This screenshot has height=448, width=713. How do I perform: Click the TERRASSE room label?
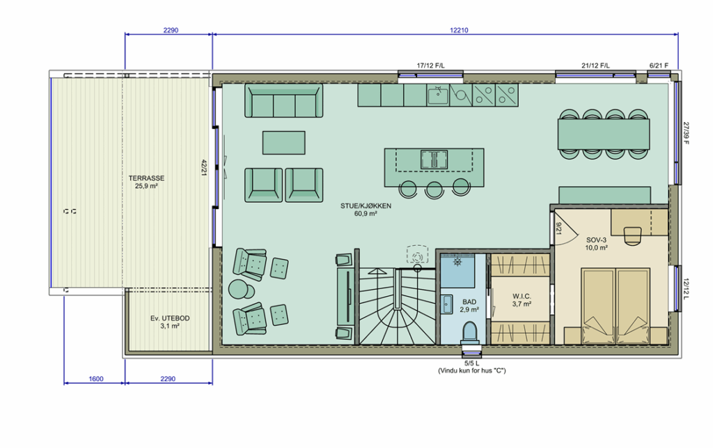click(x=146, y=178)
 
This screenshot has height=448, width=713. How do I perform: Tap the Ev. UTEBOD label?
click(x=170, y=318)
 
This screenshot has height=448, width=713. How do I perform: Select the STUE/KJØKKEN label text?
click(x=366, y=206)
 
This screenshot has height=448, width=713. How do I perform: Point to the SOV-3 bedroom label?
click(x=596, y=240)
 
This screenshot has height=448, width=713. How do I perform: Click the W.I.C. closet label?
click(x=522, y=297)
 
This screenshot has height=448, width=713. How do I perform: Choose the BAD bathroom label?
click(x=469, y=302)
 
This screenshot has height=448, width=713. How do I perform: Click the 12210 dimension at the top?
click(x=459, y=31)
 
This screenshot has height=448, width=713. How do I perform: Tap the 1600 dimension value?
click(x=96, y=379)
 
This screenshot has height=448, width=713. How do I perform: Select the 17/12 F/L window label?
click(x=430, y=65)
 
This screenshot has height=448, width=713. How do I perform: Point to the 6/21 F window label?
click(x=659, y=65)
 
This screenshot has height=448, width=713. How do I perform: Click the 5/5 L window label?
click(x=471, y=364)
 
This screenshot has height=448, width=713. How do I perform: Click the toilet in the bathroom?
click(x=469, y=332)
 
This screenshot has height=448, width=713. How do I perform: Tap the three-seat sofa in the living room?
click(x=284, y=100)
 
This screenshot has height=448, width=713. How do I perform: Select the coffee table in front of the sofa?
click(x=284, y=143)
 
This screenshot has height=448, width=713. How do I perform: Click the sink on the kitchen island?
click(x=434, y=160)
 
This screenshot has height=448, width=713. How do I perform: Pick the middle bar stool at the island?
click(x=434, y=189)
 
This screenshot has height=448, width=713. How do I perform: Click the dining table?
click(x=604, y=134)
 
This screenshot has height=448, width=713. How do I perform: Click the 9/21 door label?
click(x=559, y=229)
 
